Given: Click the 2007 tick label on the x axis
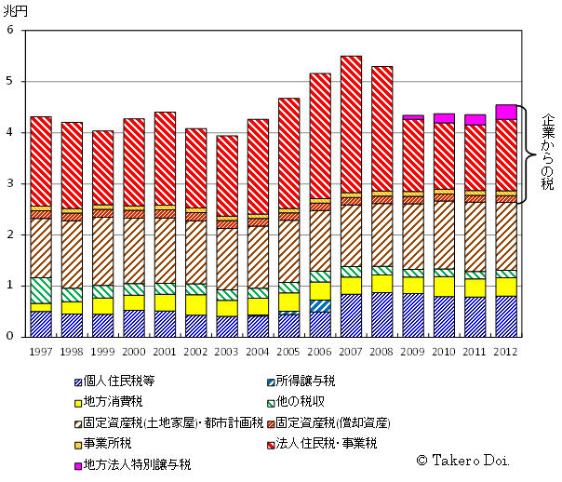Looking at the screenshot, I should tap(351, 353).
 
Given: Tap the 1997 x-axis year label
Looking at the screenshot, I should tap(41, 353).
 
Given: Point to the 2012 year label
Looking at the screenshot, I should tap(506, 353).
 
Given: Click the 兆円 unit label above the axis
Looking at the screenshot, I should tap(16, 10).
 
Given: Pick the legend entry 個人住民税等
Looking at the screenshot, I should tap(115, 382).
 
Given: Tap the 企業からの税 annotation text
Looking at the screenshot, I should tap(546, 154).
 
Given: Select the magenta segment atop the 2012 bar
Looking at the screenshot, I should tap(506, 112).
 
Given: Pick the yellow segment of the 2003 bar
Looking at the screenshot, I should tap(227, 308).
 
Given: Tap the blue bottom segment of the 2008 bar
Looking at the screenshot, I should tap(381, 315).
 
